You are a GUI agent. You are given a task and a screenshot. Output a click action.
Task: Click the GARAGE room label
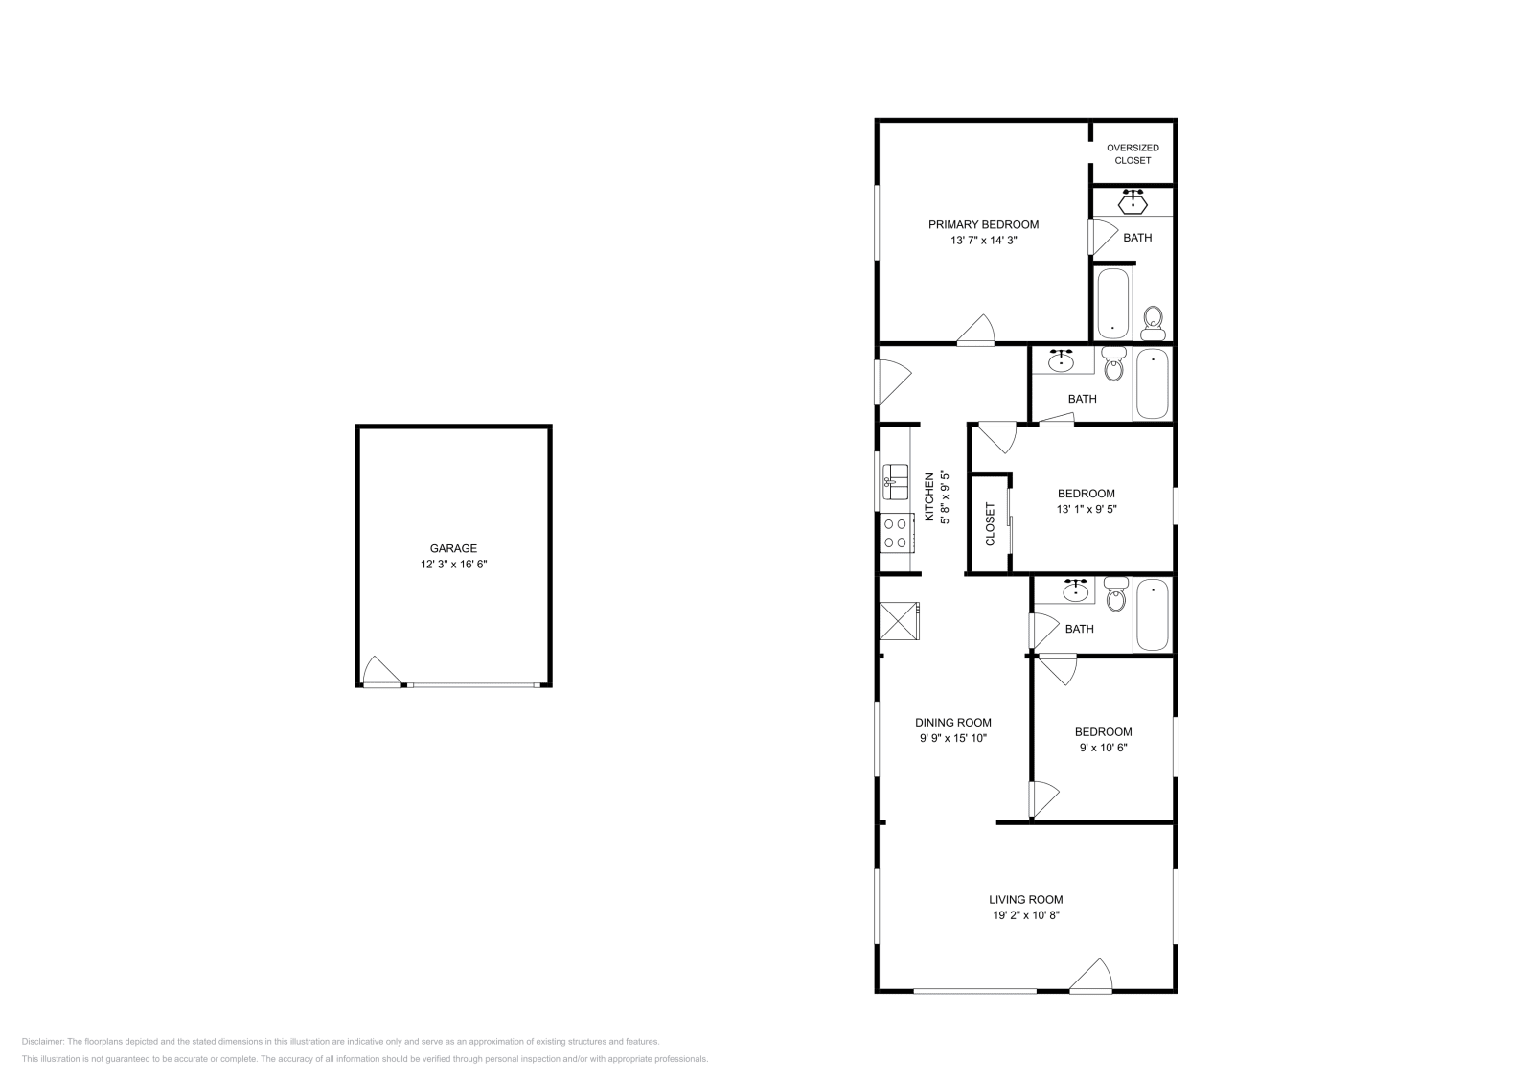point(453,549)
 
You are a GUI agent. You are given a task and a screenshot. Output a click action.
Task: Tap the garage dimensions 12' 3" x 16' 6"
point(453,565)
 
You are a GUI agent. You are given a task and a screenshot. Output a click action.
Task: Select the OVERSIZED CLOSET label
point(1133,154)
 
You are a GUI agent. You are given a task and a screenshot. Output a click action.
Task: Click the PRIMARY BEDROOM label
point(983,225)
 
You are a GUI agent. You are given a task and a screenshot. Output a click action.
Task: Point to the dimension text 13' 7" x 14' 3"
point(983,242)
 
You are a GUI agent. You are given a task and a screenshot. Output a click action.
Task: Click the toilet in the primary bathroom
point(1154,322)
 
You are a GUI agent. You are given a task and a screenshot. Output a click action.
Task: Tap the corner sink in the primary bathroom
point(1133,201)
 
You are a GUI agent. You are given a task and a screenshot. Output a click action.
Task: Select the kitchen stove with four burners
point(896,533)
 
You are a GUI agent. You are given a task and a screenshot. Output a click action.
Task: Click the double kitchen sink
point(896,480)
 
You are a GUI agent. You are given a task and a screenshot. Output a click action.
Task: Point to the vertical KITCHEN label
point(928,496)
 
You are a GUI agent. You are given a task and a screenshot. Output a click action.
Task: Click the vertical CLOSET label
point(991,524)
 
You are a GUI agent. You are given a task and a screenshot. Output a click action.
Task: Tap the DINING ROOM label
point(952,723)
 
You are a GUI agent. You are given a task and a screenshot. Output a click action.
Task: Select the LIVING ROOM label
point(1026,900)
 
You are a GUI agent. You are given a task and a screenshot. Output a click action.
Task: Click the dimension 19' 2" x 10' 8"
point(1026,916)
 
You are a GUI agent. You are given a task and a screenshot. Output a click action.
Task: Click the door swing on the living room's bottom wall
point(1091,977)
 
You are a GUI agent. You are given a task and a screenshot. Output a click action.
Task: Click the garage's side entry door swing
point(381,672)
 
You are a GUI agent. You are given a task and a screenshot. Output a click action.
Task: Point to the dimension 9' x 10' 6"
point(1103,748)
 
